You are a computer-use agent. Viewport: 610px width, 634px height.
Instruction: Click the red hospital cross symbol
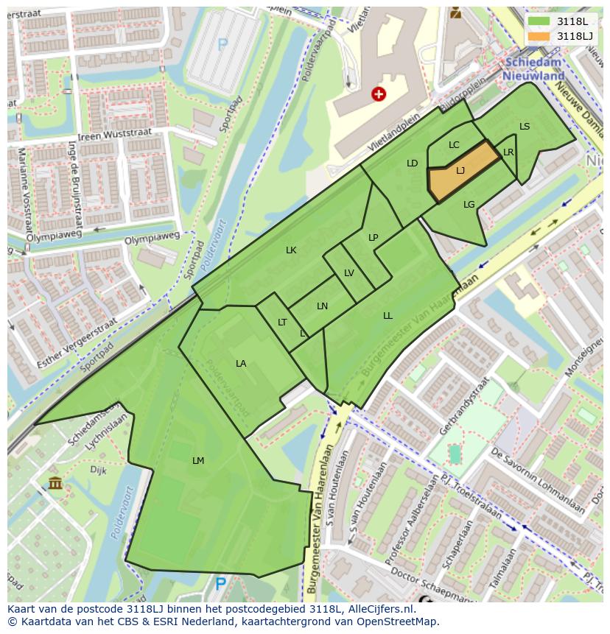[x=379, y=94]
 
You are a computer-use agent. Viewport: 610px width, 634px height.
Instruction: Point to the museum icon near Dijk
[x=55, y=483]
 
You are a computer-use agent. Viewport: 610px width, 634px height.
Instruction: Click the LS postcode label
[x=525, y=127]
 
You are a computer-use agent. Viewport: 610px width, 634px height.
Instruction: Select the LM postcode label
[x=197, y=461]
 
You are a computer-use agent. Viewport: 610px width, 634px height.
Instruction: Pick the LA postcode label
[x=241, y=364]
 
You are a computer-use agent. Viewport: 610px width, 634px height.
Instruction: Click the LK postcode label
[x=291, y=250]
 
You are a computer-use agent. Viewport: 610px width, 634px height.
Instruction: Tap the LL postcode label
[x=388, y=316]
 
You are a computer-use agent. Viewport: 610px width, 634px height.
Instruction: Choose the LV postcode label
[x=349, y=273]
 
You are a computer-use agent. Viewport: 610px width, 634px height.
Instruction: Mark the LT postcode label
[x=282, y=323]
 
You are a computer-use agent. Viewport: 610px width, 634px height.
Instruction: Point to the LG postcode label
[x=469, y=205]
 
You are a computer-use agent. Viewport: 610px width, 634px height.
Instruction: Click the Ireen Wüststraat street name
[x=120, y=133]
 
